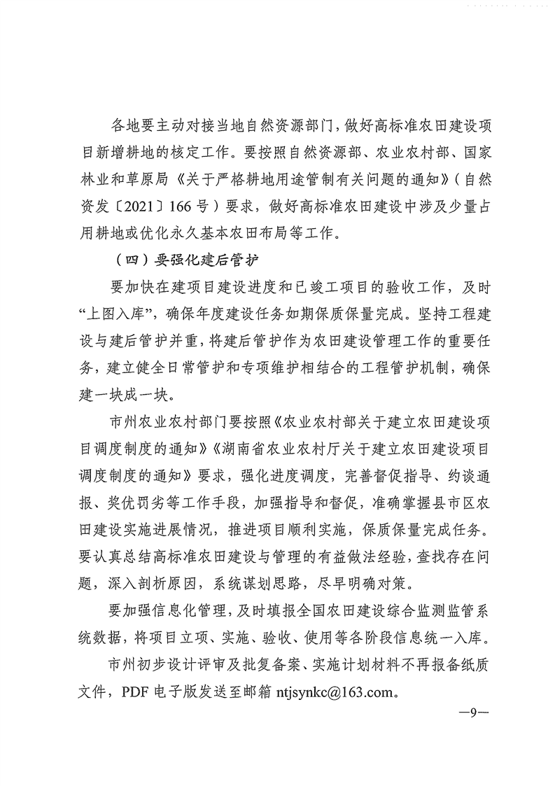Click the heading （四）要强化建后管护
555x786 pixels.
[x=185, y=260]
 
